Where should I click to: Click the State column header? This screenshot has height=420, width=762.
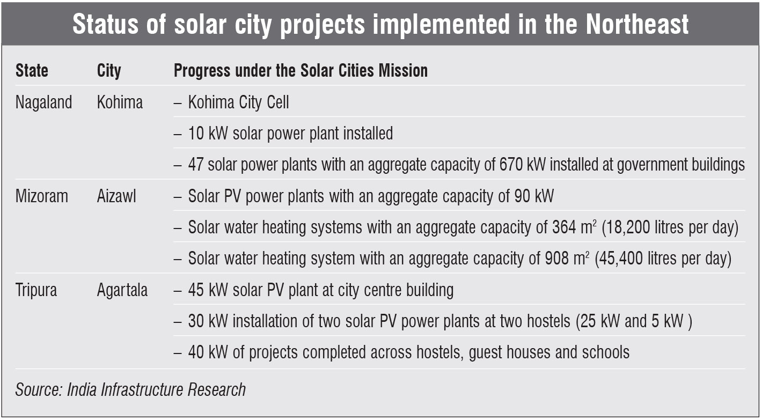(32, 70)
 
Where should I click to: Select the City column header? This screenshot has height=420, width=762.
(109, 71)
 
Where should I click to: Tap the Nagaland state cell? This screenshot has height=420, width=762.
(43, 102)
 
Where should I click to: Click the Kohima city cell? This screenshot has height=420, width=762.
(120, 102)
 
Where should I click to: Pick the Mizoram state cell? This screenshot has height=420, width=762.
(41, 196)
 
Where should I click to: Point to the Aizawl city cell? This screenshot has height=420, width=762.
(116, 196)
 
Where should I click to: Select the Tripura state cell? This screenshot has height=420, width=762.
(36, 290)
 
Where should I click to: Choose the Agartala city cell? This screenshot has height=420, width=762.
(122, 290)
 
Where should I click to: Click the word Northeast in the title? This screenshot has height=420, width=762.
(637, 24)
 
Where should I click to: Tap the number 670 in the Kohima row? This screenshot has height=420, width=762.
(511, 165)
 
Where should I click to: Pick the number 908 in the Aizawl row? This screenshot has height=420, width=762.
(557, 259)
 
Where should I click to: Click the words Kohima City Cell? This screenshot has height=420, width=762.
(238, 102)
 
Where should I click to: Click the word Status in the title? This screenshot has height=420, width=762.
(106, 24)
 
